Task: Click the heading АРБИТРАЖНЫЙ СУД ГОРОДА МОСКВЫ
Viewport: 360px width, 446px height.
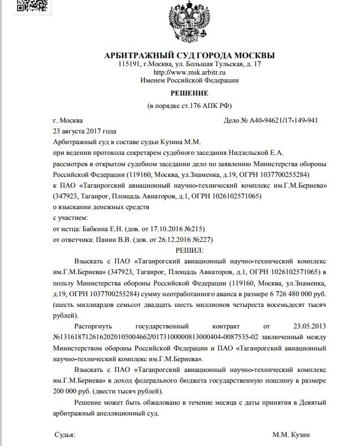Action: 190,55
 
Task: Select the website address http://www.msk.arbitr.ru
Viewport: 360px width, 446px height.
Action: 190,73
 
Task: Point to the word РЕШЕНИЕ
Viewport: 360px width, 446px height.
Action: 190,93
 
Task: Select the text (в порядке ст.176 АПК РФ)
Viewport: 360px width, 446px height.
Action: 190,106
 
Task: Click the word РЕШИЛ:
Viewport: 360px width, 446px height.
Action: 190,249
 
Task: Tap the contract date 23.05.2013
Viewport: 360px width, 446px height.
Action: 306,326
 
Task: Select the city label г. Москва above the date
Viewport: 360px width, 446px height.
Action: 67,120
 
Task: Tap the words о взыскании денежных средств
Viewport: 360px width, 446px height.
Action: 101,207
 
